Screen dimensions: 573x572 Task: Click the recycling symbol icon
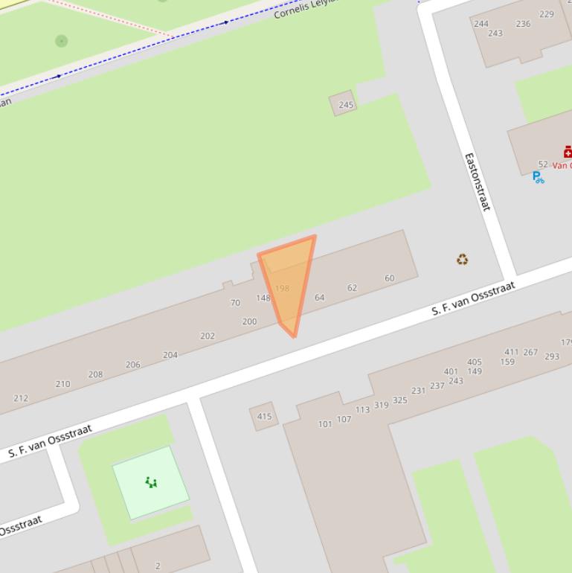pos(463,259)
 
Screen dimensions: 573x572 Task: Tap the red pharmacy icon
pos(568,152)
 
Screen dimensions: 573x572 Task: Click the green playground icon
pos(151,482)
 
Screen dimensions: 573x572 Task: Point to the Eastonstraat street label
pos(477,181)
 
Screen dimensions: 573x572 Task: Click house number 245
pos(346,105)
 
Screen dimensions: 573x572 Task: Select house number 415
pos(264,416)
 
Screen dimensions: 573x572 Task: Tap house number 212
pos(21,398)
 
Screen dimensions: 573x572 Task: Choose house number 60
pos(389,278)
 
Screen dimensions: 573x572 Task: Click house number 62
pos(352,287)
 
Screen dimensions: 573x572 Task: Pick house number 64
pos(319,297)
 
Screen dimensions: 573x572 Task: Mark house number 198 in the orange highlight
pos(282,288)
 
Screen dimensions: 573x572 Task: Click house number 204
pos(170,355)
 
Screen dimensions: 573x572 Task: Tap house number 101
pos(325,424)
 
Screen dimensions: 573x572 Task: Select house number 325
pos(400,400)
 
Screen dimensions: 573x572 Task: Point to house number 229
pos(547,14)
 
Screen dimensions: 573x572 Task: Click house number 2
pos(158,566)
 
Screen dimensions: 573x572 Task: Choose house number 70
pos(235,303)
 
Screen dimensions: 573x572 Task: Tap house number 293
pos(552,356)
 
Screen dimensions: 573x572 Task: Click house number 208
pos(95,374)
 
